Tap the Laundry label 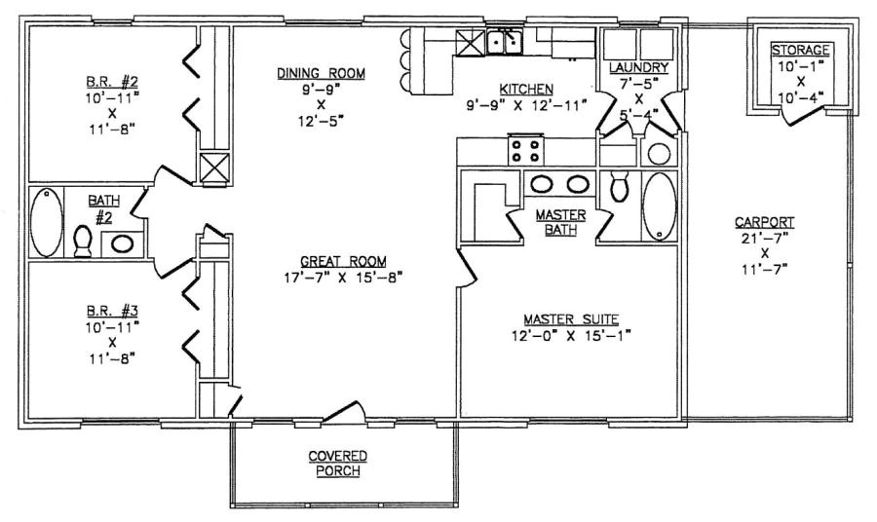pos(638,66)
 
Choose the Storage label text pos(801,50)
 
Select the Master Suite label pos(571,318)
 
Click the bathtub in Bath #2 pos(46,223)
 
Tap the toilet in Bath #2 pos(83,239)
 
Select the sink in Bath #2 pos(125,242)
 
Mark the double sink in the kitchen pos(506,42)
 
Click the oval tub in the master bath pos(660,205)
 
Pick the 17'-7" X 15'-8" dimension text pos(337,277)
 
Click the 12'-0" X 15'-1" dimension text pos(571,336)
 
